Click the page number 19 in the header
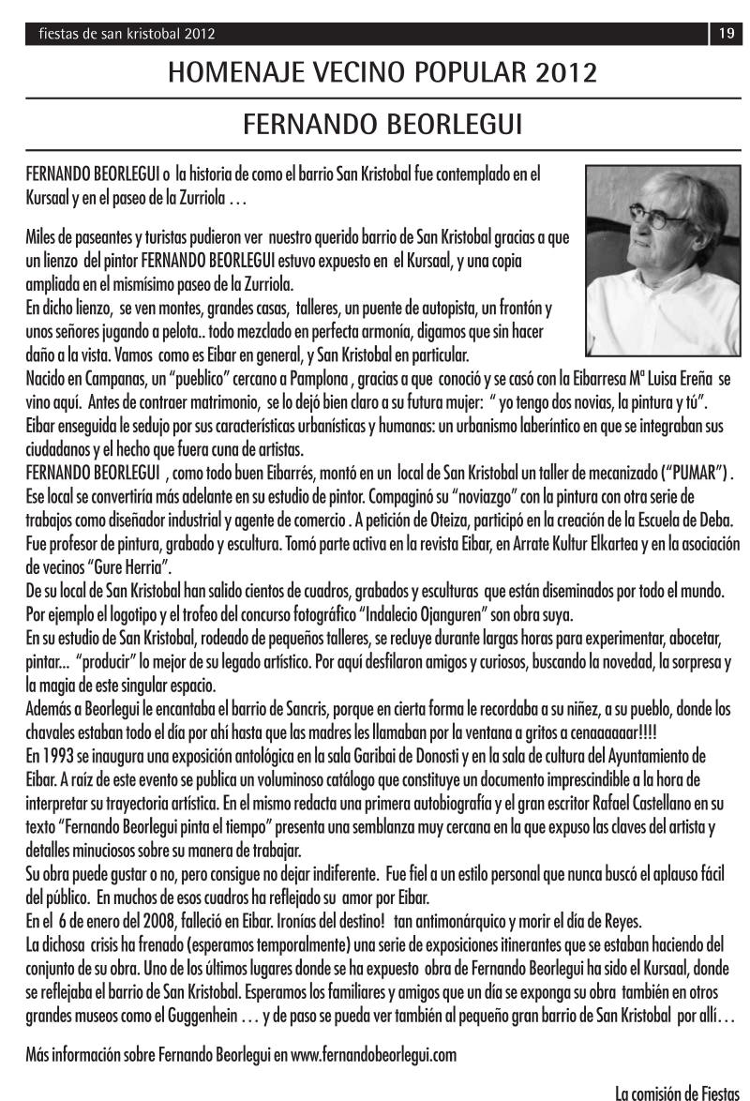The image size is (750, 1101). click(726, 35)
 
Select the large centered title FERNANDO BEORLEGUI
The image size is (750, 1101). click(381, 124)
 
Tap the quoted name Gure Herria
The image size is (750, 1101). click(126, 567)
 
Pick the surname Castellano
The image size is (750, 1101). click(690, 803)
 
